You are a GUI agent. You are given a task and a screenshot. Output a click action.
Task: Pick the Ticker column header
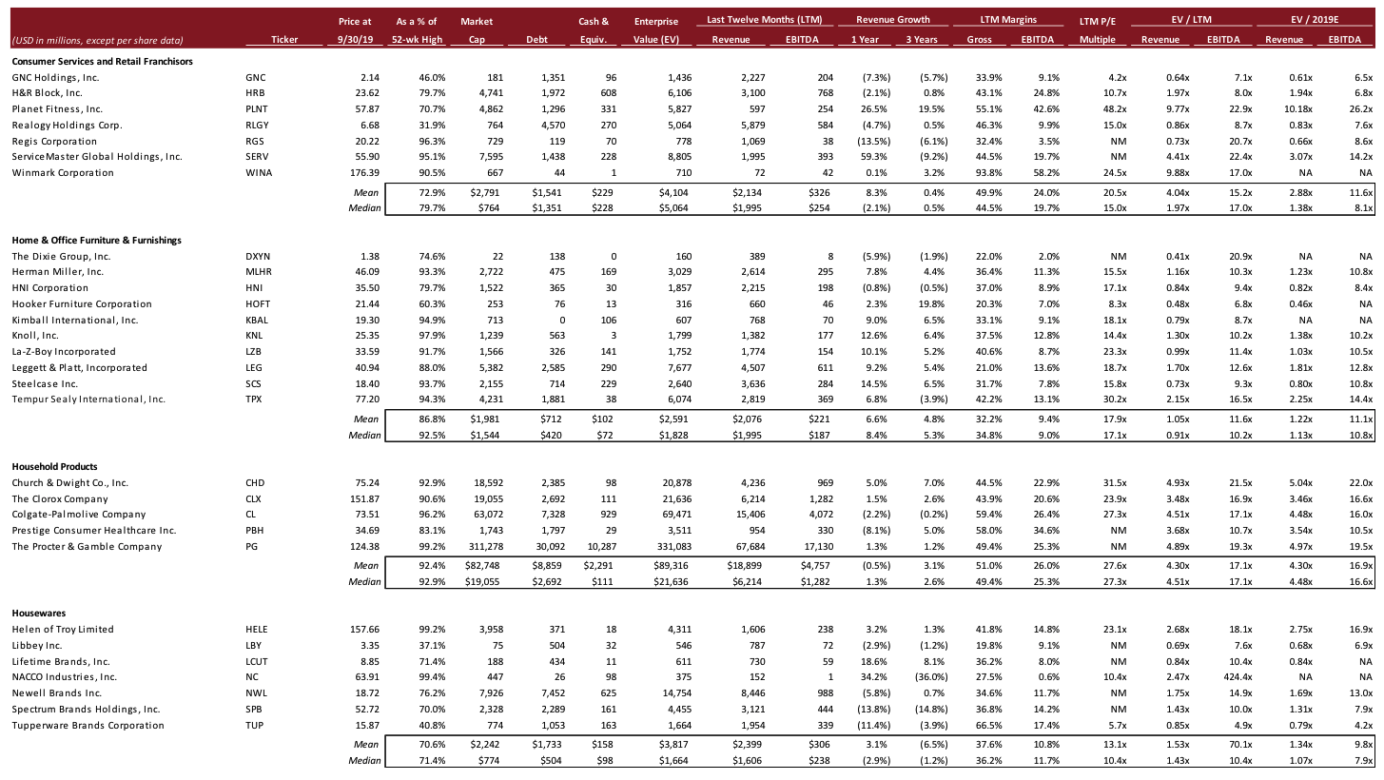[x=284, y=39]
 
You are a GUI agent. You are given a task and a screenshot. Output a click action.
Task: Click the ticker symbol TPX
[x=253, y=399]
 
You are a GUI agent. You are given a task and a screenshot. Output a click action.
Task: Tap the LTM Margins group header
[x=1008, y=19]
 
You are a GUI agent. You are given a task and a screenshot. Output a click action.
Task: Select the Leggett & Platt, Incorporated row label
[x=80, y=367]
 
